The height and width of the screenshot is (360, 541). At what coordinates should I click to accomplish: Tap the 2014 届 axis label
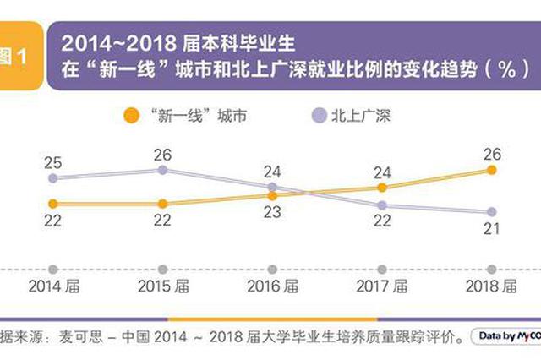(52, 286)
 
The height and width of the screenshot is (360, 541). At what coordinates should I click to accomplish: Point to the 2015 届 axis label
(163, 286)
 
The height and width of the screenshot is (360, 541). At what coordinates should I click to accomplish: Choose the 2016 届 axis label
(272, 286)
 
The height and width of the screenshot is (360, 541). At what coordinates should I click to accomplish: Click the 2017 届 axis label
(382, 286)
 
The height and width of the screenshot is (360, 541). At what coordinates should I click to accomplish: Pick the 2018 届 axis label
(491, 286)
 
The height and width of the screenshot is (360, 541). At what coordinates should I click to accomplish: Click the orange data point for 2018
(491, 170)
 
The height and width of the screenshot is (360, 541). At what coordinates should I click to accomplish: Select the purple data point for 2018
(491, 212)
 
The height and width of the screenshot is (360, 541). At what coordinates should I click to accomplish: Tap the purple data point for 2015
(163, 170)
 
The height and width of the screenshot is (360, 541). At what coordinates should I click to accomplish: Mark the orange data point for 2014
(52, 204)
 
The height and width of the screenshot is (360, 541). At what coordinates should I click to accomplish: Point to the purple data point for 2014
(52, 178)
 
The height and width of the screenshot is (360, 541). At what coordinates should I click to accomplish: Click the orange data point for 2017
(382, 187)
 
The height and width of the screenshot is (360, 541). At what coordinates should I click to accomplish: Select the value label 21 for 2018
(491, 228)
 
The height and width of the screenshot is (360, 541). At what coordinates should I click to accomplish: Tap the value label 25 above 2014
(52, 162)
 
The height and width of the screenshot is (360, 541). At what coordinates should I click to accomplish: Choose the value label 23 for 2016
(272, 212)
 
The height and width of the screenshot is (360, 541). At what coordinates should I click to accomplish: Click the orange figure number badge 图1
(16, 57)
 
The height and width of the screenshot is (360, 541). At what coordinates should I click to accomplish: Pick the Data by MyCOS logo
(505, 336)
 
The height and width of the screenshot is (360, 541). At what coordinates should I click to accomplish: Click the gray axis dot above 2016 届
(272, 269)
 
